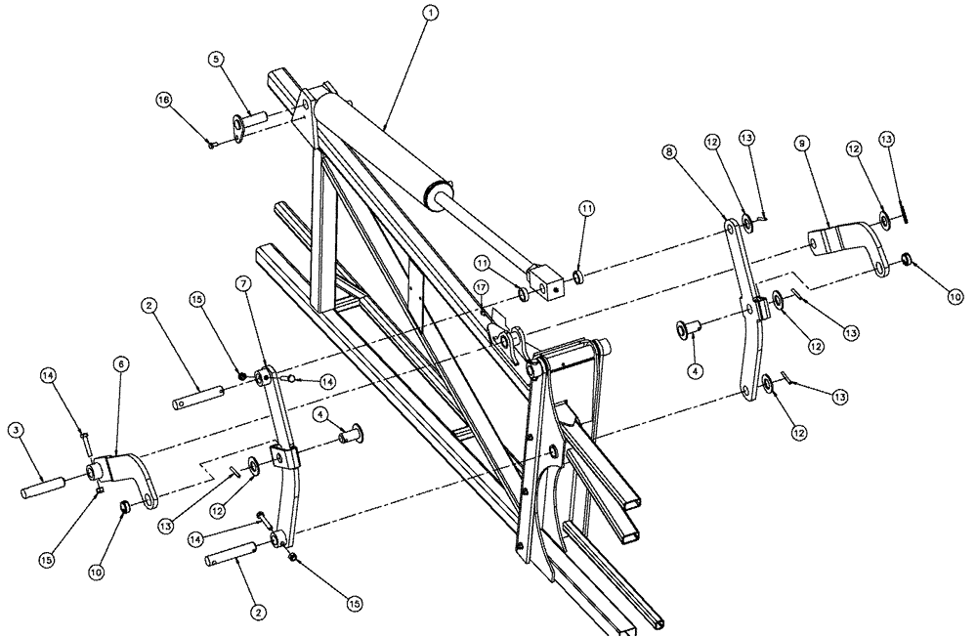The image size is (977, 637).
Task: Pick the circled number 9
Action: pos(800,144)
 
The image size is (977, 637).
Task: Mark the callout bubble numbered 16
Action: pos(165,99)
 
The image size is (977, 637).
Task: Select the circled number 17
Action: pos(481,286)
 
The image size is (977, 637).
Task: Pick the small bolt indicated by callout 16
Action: pos(212,145)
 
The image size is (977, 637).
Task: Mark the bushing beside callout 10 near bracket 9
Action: pos(907,259)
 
